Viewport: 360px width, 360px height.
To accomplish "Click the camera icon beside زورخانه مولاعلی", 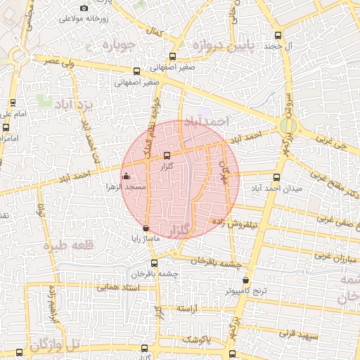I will (x=84, y=8).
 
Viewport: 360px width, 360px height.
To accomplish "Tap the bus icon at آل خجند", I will (x=278, y=34).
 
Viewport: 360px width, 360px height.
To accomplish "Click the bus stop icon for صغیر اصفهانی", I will (x=136, y=70).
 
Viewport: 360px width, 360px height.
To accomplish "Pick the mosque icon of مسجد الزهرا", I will (x=126, y=176).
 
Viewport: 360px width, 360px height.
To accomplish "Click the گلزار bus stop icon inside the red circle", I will (x=167, y=156).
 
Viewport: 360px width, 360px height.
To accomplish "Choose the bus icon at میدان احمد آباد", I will (x=276, y=177).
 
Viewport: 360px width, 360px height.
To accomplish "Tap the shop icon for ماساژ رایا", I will (x=146, y=228).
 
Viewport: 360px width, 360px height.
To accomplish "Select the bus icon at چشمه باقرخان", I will (x=174, y=263).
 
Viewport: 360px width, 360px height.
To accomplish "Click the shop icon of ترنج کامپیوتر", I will (x=245, y=281).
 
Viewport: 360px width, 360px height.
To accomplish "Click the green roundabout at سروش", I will (x=288, y=127).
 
